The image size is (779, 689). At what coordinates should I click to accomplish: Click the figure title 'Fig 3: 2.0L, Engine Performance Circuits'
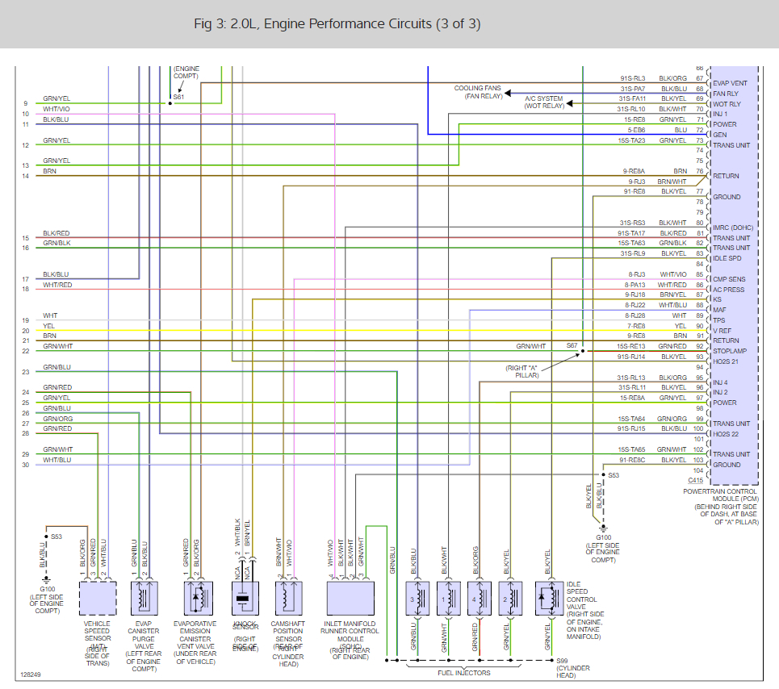click(337, 24)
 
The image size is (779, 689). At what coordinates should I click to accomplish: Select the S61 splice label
click(178, 98)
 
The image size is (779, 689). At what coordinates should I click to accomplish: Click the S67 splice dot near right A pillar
click(583, 352)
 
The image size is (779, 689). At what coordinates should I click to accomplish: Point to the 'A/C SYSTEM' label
click(544, 98)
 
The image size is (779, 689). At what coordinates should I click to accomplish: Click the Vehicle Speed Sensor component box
click(98, 598)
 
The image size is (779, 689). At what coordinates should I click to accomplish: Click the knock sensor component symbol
click(243, 598)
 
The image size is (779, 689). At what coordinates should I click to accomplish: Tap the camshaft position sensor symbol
click(287, 598)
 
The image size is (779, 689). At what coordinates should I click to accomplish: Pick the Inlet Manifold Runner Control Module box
click(350, 598)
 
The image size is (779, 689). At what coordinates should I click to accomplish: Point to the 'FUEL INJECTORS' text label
click(463, 672)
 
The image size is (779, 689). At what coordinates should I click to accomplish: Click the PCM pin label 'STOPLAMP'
click(730, 351)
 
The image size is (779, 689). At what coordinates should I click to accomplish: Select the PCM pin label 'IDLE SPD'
click(727, 258)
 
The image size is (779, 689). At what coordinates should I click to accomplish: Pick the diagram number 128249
click(31, 674)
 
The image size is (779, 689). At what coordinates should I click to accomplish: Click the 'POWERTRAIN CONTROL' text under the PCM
click(719, 491)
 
